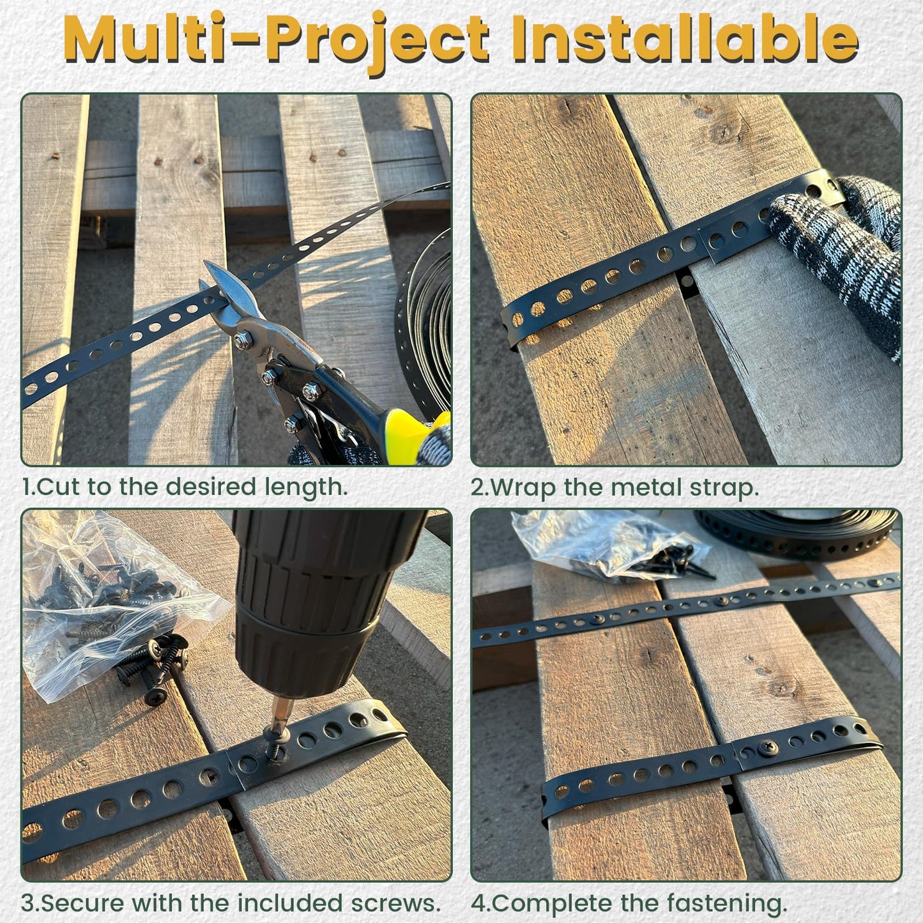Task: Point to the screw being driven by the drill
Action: point(276,747)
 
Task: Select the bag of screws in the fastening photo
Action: point(613,543)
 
